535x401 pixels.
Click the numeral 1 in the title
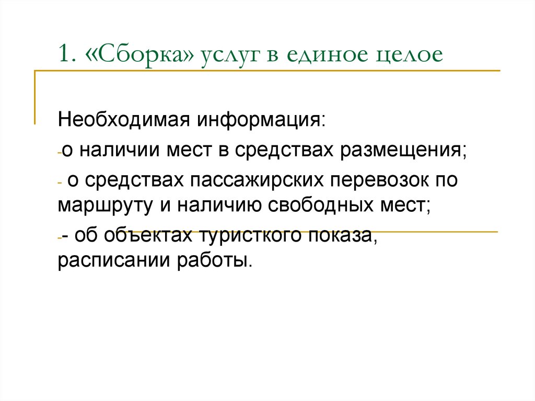pos(63,54)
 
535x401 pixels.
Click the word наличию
pos(215,204)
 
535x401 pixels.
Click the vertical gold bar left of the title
pos(35,97)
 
